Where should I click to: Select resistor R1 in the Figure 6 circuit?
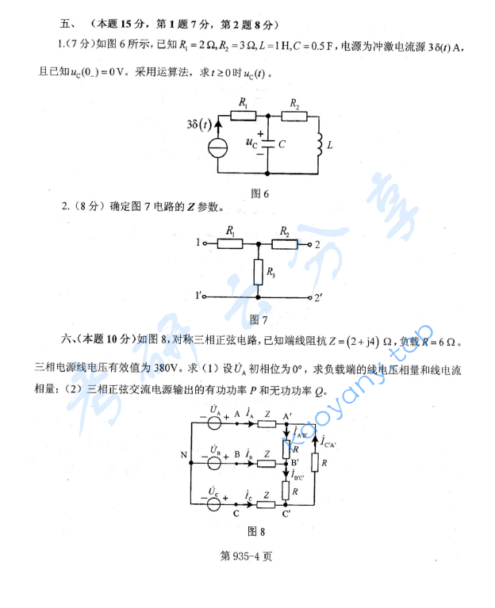coord(244,116)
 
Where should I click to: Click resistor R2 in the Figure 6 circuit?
coord(294,116)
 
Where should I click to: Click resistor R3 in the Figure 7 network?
coord(258,273)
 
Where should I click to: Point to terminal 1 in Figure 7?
coord(201,244)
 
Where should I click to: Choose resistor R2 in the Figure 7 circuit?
coord(284,244)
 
